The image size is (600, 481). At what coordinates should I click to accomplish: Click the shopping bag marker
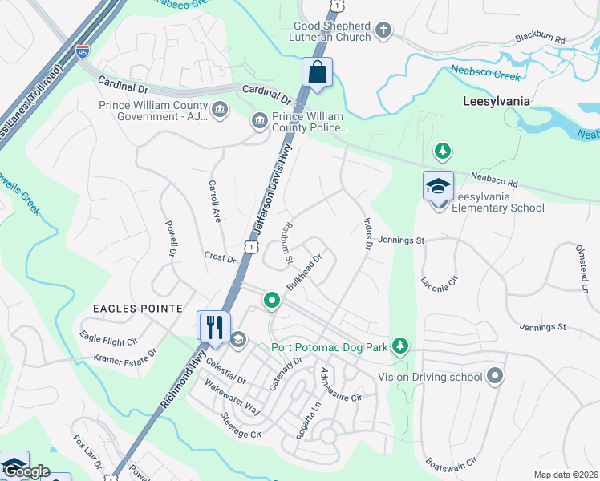click(318, 72)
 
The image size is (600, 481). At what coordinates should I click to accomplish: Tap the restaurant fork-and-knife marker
click(213, 325)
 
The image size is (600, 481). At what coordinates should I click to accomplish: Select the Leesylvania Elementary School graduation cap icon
click(438, 187)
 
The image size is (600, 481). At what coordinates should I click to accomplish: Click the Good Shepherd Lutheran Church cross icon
click(383, 30)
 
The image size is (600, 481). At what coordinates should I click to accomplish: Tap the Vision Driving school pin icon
click(495, 376)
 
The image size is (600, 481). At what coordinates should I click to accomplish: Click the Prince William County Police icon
click(260, 121)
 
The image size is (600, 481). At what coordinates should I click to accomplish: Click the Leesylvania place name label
click(497, 102)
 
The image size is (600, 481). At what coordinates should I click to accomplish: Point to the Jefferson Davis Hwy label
click(270, 192)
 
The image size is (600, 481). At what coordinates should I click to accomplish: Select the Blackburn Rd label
click(541, 38)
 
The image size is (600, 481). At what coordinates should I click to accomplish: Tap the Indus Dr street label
click(368, 233)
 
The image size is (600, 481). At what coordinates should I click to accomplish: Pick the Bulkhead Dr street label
click(304, 273)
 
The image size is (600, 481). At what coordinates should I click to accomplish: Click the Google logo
click(26, 472)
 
